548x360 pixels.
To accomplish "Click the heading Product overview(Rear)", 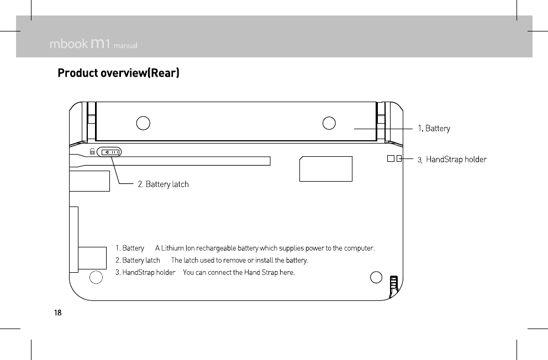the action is click(x=119, y=73).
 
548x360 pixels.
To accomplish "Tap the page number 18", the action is click(x=57, y=313).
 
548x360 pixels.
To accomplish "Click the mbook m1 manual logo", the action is click(x=93, y=44).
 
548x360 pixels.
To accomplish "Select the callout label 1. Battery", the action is click(x=434, y=129).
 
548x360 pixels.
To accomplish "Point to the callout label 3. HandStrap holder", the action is click(x=452, y=160).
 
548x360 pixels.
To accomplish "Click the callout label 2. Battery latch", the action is click(x=163, y=184).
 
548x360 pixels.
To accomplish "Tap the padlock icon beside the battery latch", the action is click(x=92, y=151).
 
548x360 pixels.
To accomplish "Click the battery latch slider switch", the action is click(x=109, y=152).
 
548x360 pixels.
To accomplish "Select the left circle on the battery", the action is click(x=143, y=123).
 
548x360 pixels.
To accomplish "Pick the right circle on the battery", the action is click(x=329, y=123).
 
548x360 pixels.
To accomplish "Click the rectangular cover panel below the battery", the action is click(x=325, y=169).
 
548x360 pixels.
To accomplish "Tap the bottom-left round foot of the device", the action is click(x=96, y=277).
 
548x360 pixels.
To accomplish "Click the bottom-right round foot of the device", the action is click(x=376, y=277).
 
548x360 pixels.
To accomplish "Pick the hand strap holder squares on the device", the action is click(x=394, y=159).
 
